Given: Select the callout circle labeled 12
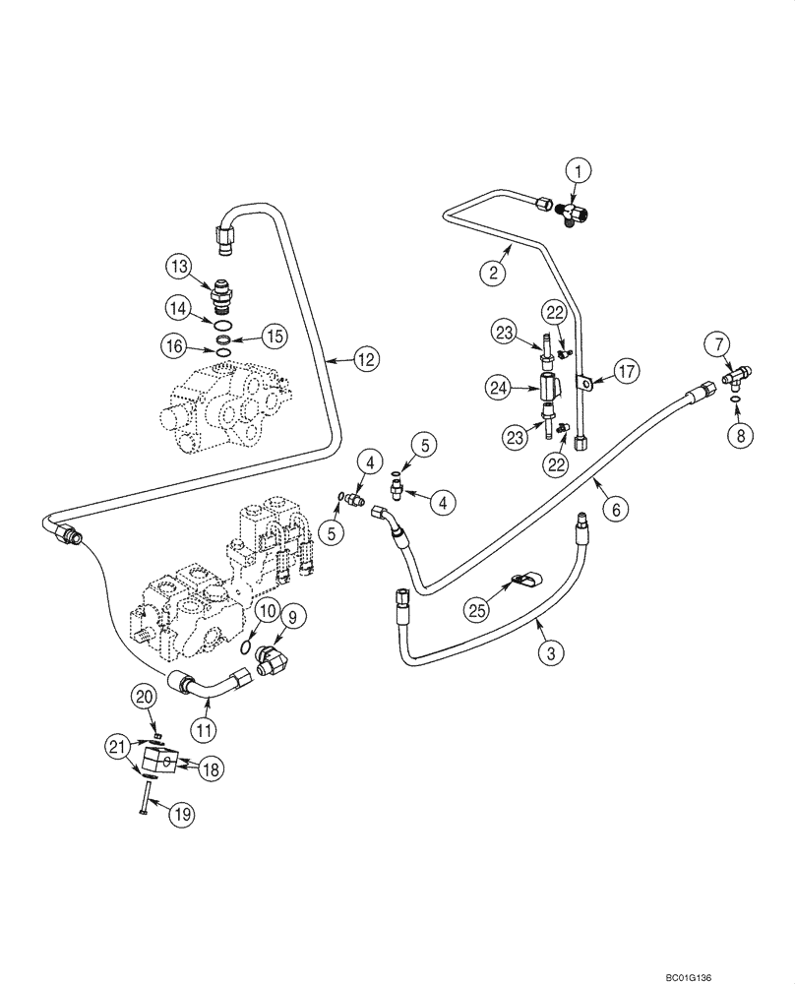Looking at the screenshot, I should point(366,360).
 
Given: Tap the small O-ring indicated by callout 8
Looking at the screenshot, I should point(734,400).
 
